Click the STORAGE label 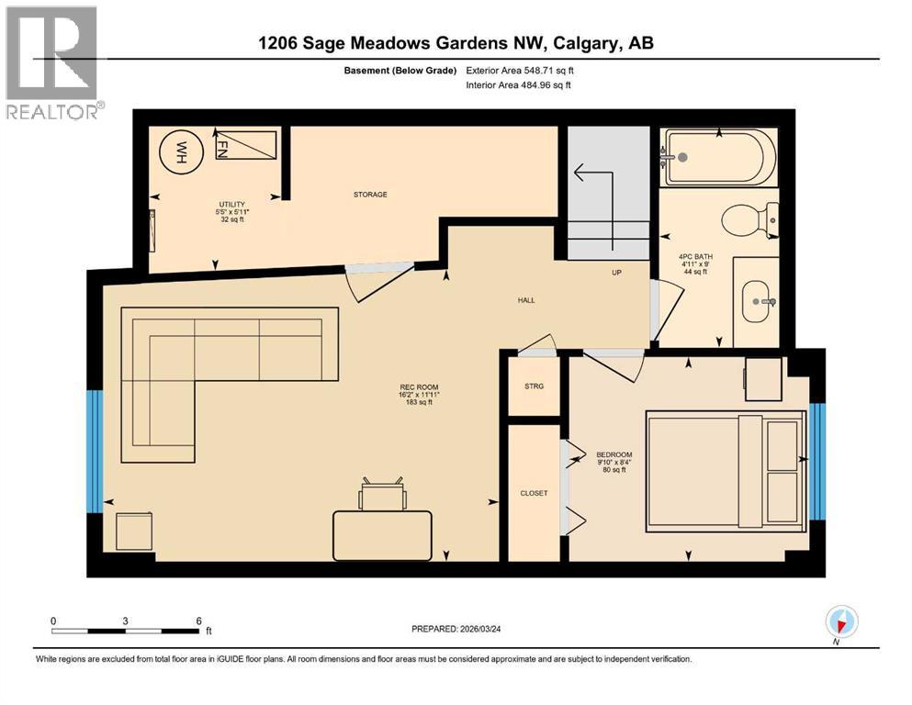370,195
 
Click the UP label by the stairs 618,273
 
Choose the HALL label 526,300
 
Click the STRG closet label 534,386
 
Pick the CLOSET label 534,493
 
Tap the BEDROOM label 614,455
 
